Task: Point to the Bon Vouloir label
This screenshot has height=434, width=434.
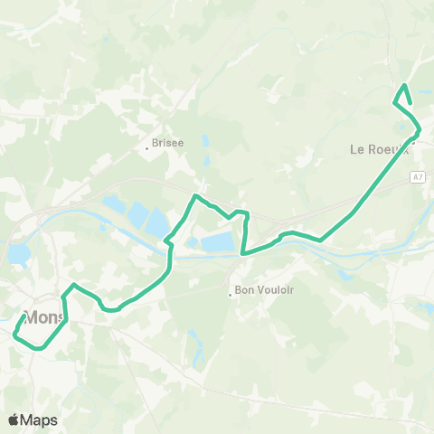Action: [266, 290]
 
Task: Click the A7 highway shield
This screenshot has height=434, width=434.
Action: [417, 177]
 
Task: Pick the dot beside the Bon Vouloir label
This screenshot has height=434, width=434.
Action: [231, 290]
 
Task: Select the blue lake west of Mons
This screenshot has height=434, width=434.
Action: [17, 255]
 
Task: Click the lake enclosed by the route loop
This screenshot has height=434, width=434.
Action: [215, 241]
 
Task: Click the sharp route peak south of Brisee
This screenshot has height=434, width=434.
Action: [195, 195]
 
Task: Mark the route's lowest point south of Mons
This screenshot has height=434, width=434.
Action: [38, 346]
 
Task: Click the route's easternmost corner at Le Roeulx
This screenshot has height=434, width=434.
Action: [420, 129]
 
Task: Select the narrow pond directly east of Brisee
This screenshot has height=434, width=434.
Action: [206, 143]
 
